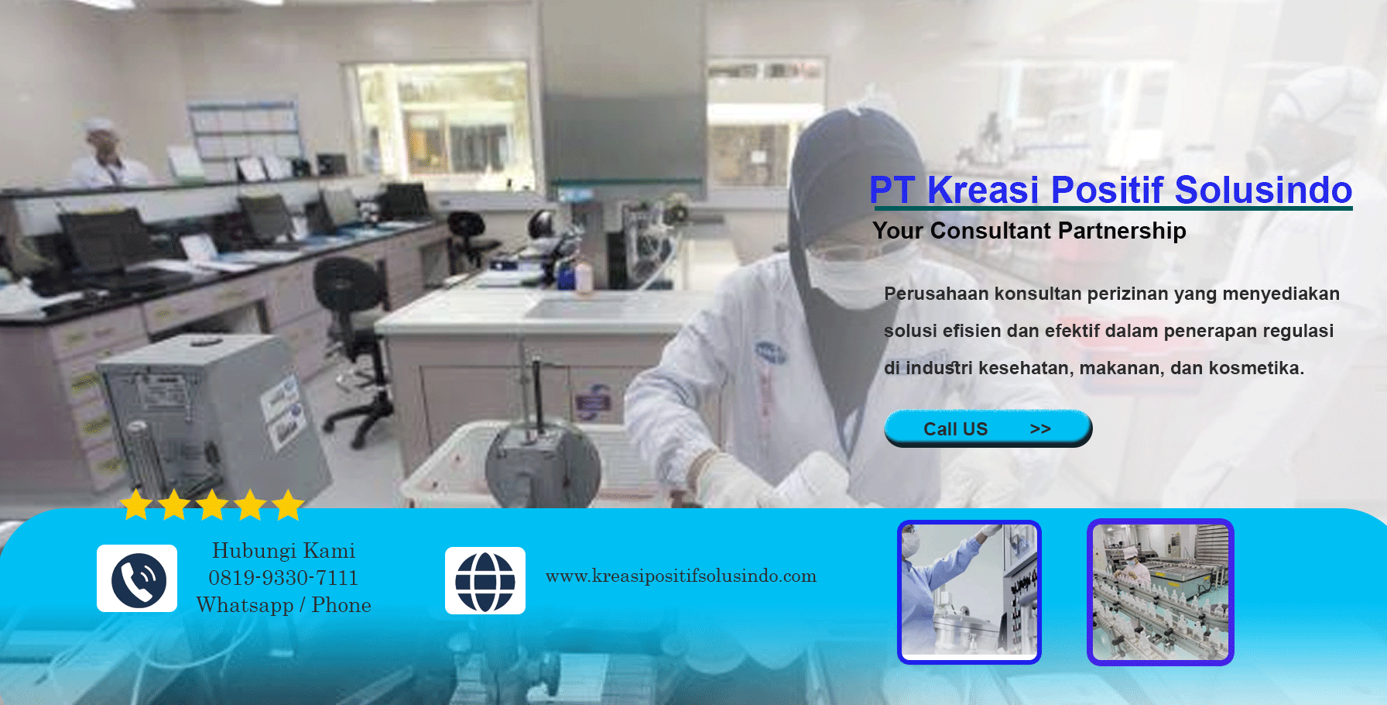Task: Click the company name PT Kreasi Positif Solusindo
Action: pos(1111,190)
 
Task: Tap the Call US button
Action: pos(988,428)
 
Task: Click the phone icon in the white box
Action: pos(137,579)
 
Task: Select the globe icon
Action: pos(485,581)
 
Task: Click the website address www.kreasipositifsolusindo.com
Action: pos(681,576)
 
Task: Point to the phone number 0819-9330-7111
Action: pos(283,578)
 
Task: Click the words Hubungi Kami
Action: pos(283,551)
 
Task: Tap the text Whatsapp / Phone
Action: pos(283,605)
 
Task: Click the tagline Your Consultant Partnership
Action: pos(1029,231)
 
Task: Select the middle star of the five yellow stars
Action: pos(212,505)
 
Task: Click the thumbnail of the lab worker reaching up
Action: pos(969,592)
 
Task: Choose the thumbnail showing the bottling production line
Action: pos(1160,592)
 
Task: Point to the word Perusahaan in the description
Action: pos(937,294)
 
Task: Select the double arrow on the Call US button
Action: pos(1040,429)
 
